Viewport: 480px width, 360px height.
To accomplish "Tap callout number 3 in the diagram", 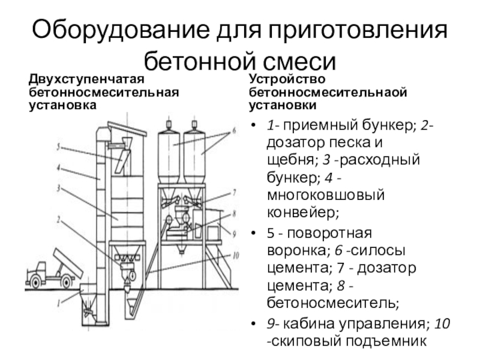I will pyautogui.click(x=58, y=188).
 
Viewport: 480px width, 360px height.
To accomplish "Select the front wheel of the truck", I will pyautogui.click(x=35, y=282).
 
